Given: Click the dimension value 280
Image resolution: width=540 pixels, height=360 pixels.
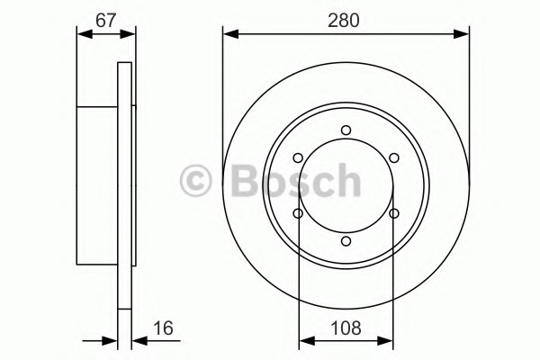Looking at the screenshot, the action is (x=344, y=20).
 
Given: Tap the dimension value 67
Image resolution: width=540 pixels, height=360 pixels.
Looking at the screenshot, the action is (x=105, y=20).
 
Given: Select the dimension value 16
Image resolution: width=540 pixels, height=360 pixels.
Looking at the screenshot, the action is (x=163, y=328).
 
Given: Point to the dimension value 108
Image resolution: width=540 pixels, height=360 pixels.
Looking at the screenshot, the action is (x=346, y=328).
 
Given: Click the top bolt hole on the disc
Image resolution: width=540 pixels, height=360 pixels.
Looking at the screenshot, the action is (x=346, y=130).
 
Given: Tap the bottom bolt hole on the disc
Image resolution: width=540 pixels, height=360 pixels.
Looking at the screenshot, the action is (x=346, y=241).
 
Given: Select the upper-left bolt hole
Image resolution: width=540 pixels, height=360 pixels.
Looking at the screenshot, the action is (x=298, y=158).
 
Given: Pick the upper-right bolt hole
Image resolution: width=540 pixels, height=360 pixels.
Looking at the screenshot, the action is (x=394, y=158).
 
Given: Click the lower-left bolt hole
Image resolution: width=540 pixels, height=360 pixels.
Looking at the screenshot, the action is (x=298, y=213).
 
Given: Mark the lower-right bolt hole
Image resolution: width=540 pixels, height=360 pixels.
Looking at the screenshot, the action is (x=394, y=213).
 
